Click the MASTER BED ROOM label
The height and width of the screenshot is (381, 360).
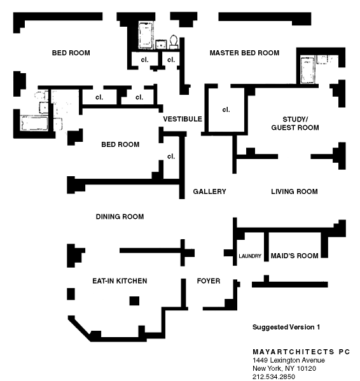(244, 53)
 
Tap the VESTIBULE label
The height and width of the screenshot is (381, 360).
(183, 119)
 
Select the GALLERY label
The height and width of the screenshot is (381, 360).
(209, 191)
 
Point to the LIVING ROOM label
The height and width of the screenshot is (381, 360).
(294, 191)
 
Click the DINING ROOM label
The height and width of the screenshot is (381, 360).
(120, 216)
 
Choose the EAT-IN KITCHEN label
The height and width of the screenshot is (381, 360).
(120, 281)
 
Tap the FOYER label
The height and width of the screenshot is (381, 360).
(209, 281)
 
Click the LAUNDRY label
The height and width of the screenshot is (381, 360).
(250, 256)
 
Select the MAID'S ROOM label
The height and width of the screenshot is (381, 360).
(294, 256)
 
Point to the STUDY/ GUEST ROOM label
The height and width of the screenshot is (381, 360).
(295, 123)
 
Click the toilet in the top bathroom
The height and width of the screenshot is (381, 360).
(174, 42)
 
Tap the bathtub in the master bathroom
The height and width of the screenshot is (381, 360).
(307, 69)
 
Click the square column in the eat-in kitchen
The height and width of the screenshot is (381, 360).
(134, 301)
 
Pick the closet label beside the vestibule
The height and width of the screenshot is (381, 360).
(226, 110)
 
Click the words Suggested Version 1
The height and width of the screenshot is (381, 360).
(286, 327)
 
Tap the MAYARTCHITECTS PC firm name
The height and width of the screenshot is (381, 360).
(301, 352)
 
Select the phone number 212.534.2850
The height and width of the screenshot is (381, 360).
(273, 377)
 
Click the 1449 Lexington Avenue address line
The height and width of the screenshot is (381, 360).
(289, 360)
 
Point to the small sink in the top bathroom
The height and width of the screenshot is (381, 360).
(161, 45)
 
